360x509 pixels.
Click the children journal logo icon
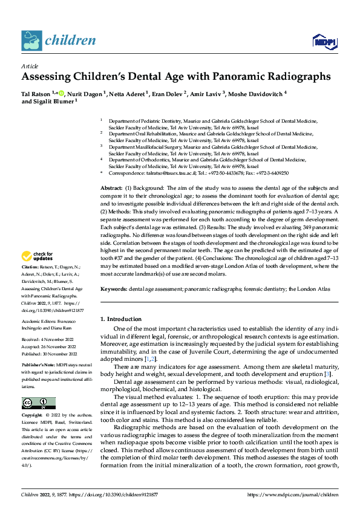point(31,40)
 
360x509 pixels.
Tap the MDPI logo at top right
point(322,41)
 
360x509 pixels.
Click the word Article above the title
point(30,66)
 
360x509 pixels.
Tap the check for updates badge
point(38,273)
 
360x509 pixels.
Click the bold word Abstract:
point(111,189)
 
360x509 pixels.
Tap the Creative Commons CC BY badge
point(39,403)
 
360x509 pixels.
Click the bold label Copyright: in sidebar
point(32,415)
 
